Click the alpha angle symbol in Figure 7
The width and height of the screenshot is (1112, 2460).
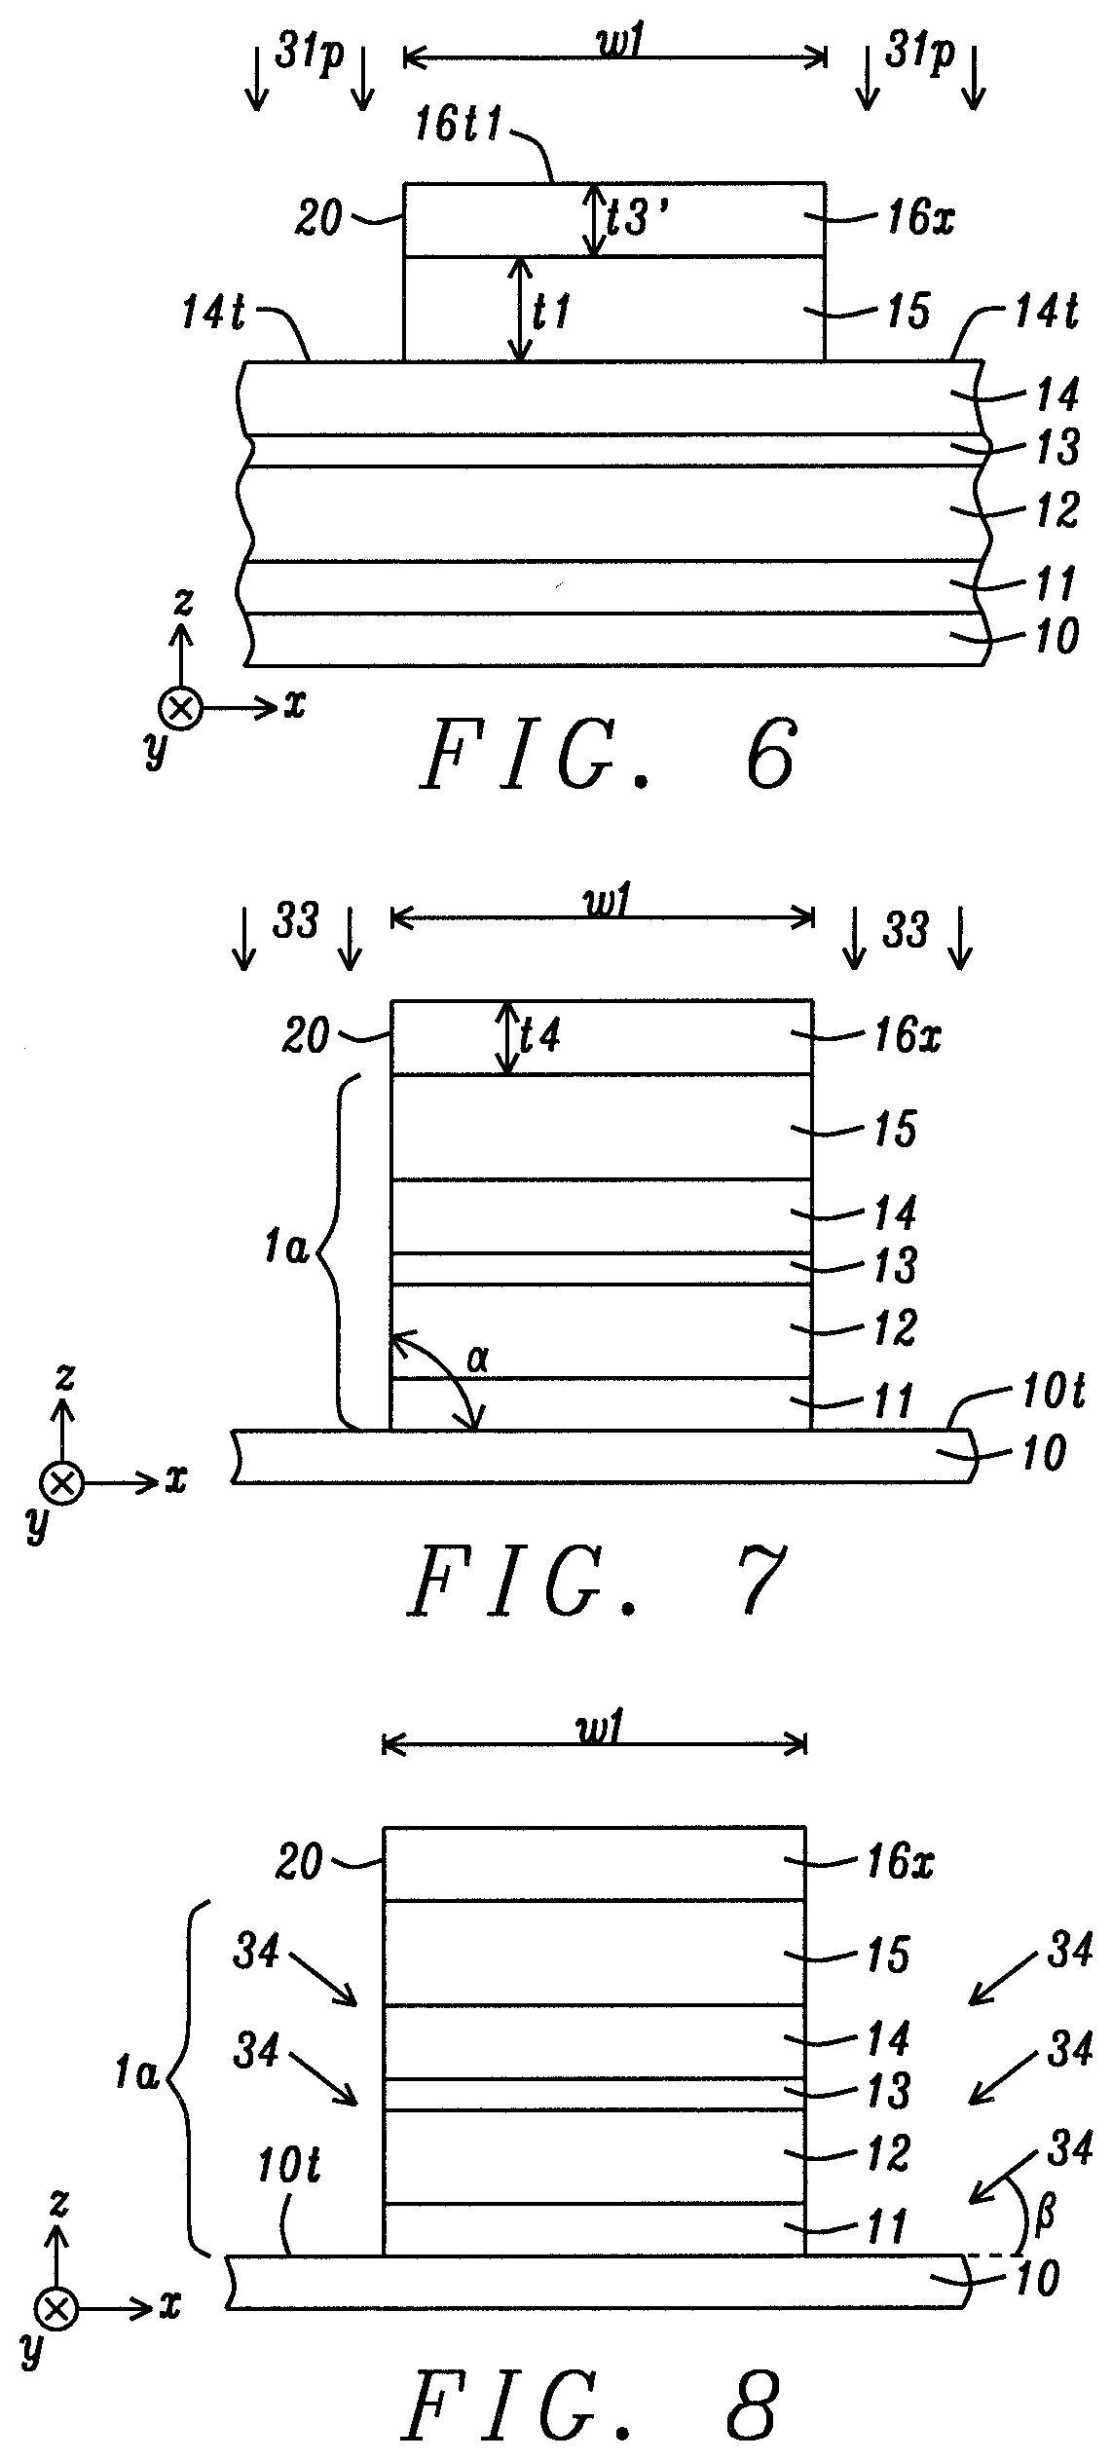[477, 1361]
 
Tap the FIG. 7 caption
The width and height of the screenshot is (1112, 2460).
[597, 1584]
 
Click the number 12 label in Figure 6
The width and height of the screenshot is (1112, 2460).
[1053, 510]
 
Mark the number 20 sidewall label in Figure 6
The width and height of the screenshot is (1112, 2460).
[317, 218]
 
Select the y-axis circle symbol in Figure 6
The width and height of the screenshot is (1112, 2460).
[180, 708]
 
